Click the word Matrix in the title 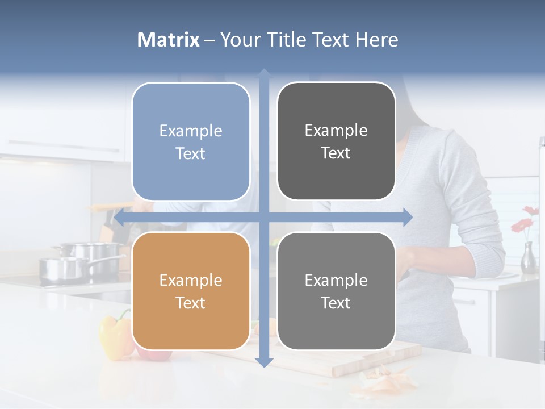click(168, 40)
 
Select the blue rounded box click(191, 141)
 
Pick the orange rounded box click(191, 291)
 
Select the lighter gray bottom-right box click(336, 291)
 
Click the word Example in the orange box click(191, 280)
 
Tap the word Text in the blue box click(191, 153)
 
